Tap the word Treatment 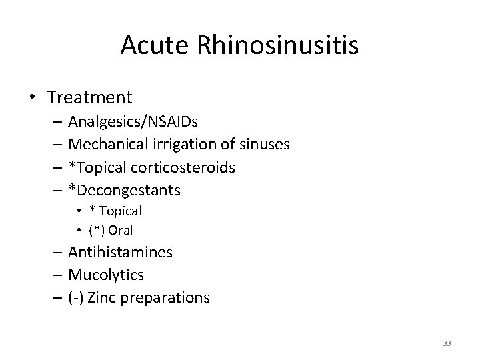pos(90,97)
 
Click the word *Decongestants pos(124,190)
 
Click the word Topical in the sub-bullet pos(120,211)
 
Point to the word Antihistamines pos(121,252)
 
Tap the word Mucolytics pos(106,275)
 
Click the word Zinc pos(101,297)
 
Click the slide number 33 pos(447,343)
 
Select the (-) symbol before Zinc pos(76,297)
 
